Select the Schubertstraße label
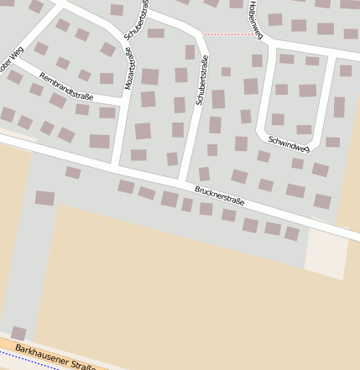click(x=201, y=81)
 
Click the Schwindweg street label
click(x=289, y=143)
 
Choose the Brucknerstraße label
click(x=219, y=195)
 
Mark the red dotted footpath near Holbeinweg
click(x=228, y=34)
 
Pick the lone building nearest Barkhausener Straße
click(x=18, y=333)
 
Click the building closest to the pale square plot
click(x=291, y=233)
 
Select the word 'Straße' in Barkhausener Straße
click(x=84, y=363)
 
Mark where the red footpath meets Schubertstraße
click(x=203, y=34)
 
